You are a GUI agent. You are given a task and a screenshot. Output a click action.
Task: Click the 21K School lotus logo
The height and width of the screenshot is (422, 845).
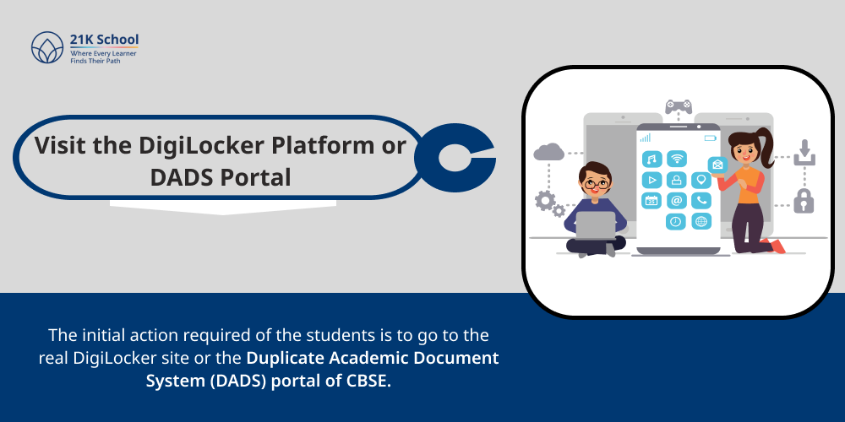47,48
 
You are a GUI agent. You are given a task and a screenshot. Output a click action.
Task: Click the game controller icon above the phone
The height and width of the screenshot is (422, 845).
678,105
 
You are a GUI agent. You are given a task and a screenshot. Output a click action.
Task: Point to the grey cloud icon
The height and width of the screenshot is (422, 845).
549,151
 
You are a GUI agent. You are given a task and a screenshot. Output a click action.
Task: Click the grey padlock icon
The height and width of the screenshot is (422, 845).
803,200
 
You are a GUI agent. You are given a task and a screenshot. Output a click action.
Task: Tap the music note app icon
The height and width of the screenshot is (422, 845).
651,159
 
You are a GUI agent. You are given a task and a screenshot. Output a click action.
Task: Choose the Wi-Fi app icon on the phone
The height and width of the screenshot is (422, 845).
676,159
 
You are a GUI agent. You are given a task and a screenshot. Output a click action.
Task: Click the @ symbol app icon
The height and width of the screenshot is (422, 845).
676,201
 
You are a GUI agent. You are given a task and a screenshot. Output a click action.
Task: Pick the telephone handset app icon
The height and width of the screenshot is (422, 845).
701,201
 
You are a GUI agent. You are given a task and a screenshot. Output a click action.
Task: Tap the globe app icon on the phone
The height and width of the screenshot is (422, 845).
701,222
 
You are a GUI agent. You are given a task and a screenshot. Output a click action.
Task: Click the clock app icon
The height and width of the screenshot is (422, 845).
676,222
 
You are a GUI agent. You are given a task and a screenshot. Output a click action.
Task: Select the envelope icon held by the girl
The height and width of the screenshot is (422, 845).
717,165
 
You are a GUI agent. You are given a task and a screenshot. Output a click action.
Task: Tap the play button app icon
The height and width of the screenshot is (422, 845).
651,180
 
